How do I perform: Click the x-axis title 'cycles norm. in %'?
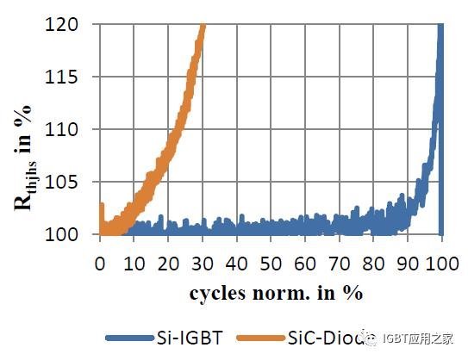276,292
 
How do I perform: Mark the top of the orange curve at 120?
203,26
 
